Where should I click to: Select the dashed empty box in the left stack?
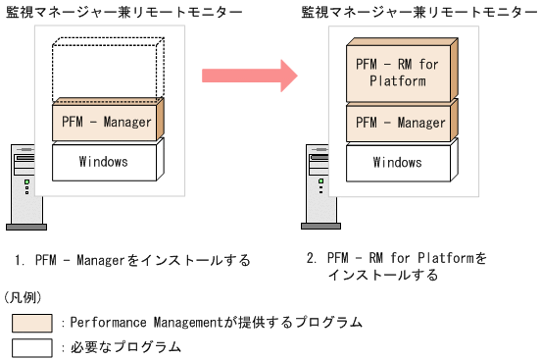(x=106, y=69)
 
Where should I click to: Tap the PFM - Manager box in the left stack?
(x=104, y=122)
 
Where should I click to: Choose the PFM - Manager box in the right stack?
(x=399, y=122)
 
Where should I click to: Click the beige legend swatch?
(x=32, y=322)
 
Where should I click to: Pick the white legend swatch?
(x=32, y=346)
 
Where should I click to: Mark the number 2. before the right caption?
(x=311, y=259)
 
